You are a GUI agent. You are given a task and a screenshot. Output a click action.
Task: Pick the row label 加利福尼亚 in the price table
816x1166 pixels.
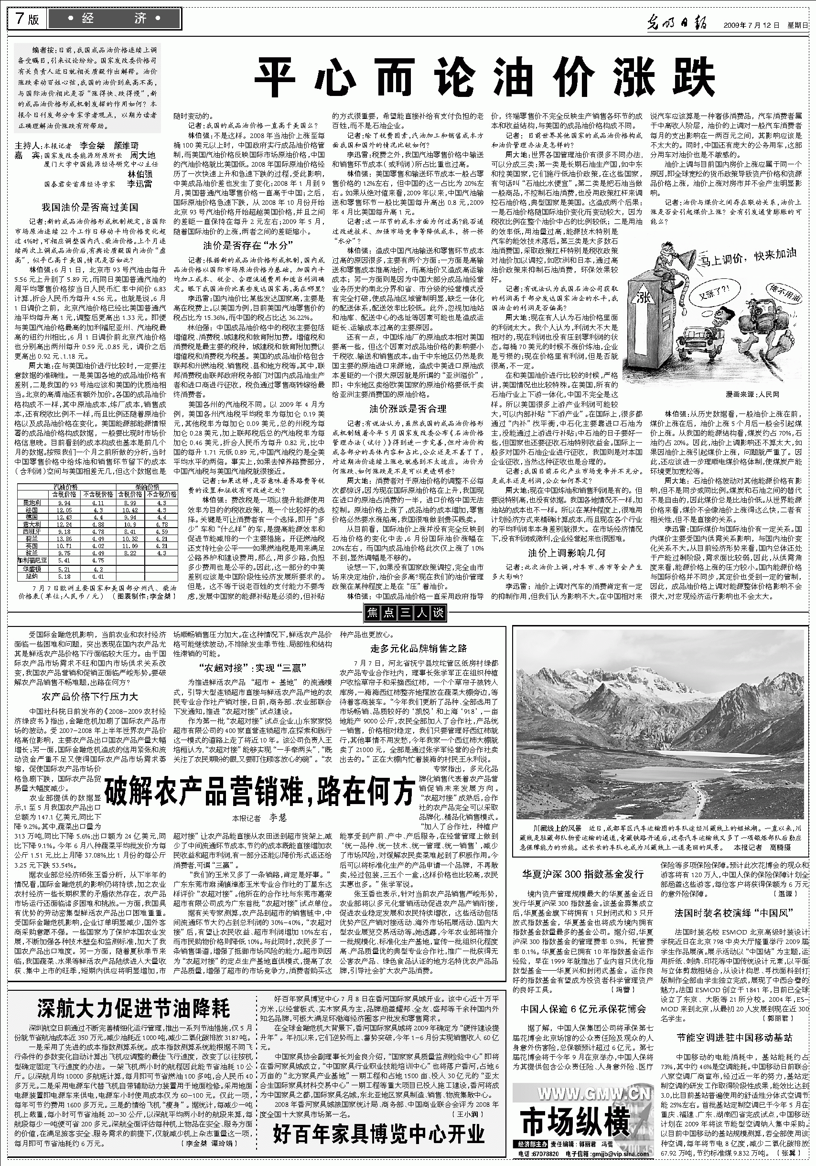tap(32, 560)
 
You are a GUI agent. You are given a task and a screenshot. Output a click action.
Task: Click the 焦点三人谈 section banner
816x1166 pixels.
tap(405, 613)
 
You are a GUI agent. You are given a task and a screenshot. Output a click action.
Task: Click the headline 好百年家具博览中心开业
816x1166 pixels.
tap(378, 1145)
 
